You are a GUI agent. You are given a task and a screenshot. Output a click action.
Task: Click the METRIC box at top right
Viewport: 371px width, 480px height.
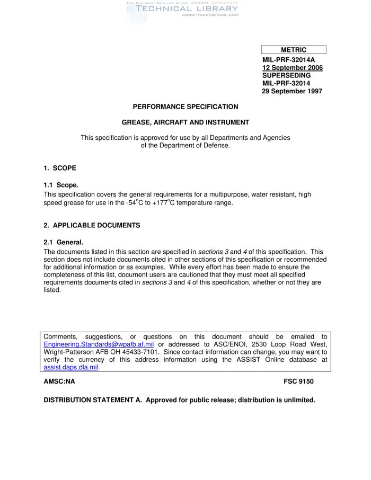pos(294,50)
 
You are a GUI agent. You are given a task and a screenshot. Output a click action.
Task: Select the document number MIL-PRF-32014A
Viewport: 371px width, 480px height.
pos(288,60)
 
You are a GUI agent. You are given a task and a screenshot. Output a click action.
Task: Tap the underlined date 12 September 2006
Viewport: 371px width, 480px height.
pos(292,68)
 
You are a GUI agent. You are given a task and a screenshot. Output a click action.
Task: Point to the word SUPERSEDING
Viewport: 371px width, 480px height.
pos(286,75)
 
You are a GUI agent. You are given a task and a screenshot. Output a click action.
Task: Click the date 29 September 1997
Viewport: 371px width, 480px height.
pos(292,91)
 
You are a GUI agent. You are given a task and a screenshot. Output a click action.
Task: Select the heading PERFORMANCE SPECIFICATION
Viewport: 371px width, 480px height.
pos(185,106)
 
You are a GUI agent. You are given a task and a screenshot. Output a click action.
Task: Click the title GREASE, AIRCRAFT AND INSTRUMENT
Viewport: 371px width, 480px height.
pos(185,122)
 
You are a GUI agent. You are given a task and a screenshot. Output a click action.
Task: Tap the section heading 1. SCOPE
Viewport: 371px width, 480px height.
pos(60,168)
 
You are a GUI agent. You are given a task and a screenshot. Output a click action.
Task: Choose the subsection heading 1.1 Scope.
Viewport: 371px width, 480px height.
pos(61,185)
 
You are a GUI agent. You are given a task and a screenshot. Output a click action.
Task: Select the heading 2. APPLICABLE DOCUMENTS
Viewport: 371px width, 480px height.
pos(92,225)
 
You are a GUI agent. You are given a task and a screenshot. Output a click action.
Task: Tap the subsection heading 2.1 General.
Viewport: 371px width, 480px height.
pos(64,242)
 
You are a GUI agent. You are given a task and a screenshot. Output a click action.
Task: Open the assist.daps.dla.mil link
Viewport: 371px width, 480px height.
pos(71,367)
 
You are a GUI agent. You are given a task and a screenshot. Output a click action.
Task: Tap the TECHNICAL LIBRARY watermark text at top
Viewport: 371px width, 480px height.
pos(187,8)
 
